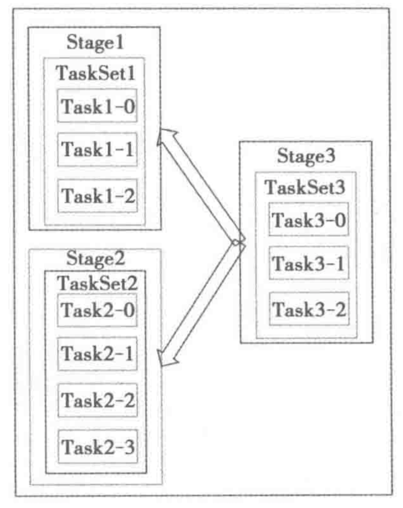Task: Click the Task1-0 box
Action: coord(98,106)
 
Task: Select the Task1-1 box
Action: coord(98,149)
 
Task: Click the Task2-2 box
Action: coord(98,400)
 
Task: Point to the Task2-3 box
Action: coord(98,446)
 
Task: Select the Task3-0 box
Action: coord(308,219)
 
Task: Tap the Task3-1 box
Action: coord(308,263)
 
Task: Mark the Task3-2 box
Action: coord(308,308)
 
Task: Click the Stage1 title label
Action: coord(95,42)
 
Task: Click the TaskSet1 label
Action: coord(95,73)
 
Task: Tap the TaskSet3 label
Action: coord(306,187)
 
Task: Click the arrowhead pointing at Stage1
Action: coord(166,137)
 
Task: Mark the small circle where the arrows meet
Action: coord(235,243)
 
